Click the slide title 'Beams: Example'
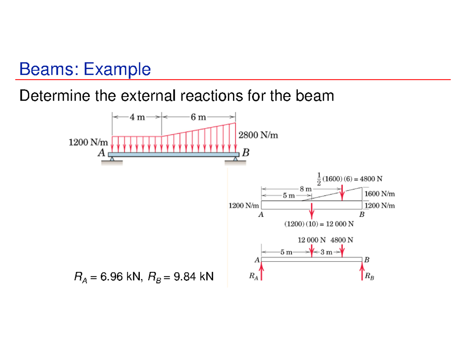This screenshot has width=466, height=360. coord(85,70)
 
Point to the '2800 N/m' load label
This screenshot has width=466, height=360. coord(258,136)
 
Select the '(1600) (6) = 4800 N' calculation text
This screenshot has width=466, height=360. coord(353,179)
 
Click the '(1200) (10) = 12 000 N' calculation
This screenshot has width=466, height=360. coord(319,224)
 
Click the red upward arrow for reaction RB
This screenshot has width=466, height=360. coord(362,271)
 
